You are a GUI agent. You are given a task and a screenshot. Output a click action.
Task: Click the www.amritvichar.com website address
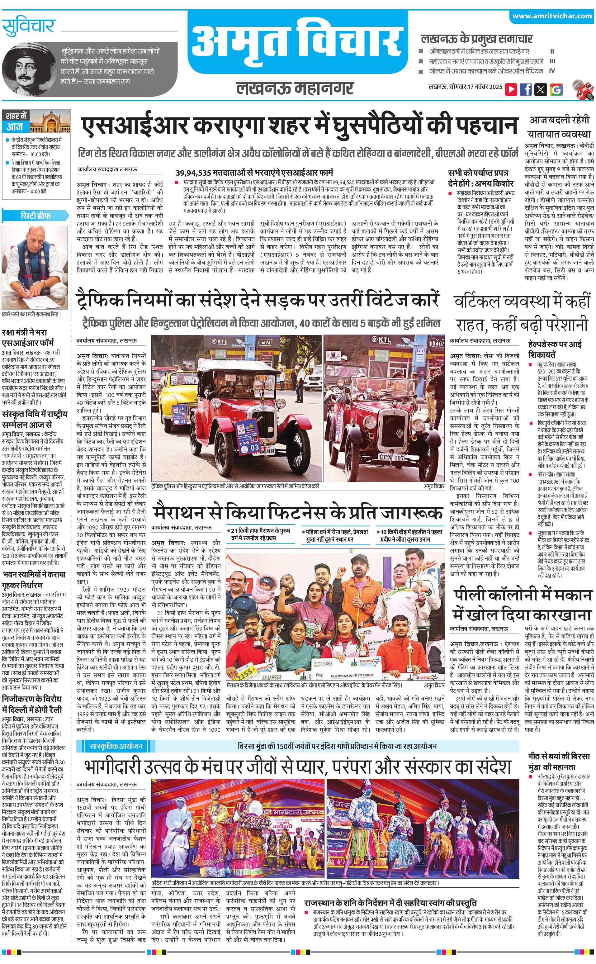(x=552, y=16)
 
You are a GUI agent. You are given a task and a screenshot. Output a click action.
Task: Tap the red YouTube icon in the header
(x=511, y=89)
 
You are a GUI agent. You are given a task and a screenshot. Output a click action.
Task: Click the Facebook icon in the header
(x=525, y=89)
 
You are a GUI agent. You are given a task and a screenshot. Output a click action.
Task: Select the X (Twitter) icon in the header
(x=541, y=89)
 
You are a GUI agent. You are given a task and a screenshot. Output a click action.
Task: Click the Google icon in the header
(x=556, y=89)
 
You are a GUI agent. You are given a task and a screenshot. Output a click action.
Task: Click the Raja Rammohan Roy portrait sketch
(x=24, y=67)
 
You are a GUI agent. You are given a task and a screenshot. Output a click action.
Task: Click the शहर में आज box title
(x=17, y=121)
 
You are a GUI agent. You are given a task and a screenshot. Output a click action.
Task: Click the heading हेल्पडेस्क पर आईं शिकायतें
(x=555, y=349)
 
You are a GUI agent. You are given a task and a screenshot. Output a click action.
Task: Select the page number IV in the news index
(x=552, y=71)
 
